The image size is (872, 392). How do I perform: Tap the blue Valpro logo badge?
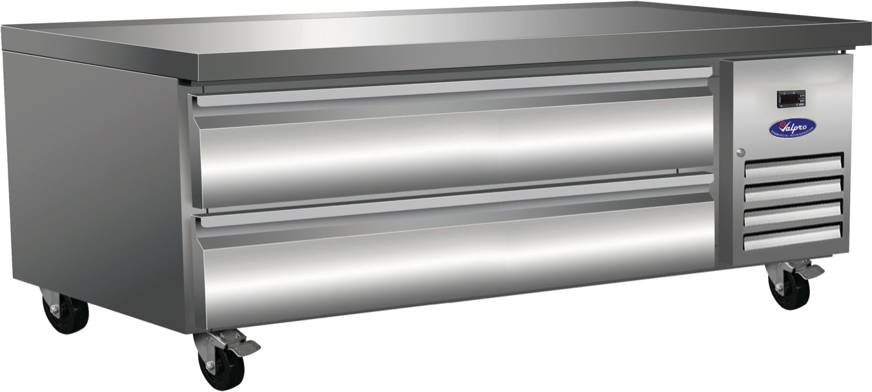tap(792, 127)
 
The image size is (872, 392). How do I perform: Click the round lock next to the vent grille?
tap(740, 153)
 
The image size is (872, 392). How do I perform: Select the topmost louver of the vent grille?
tap(793, 165)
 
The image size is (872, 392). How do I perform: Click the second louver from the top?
tap(793, 188)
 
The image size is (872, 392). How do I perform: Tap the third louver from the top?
tap(793, 213)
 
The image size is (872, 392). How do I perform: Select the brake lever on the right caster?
tap(810, 271)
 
